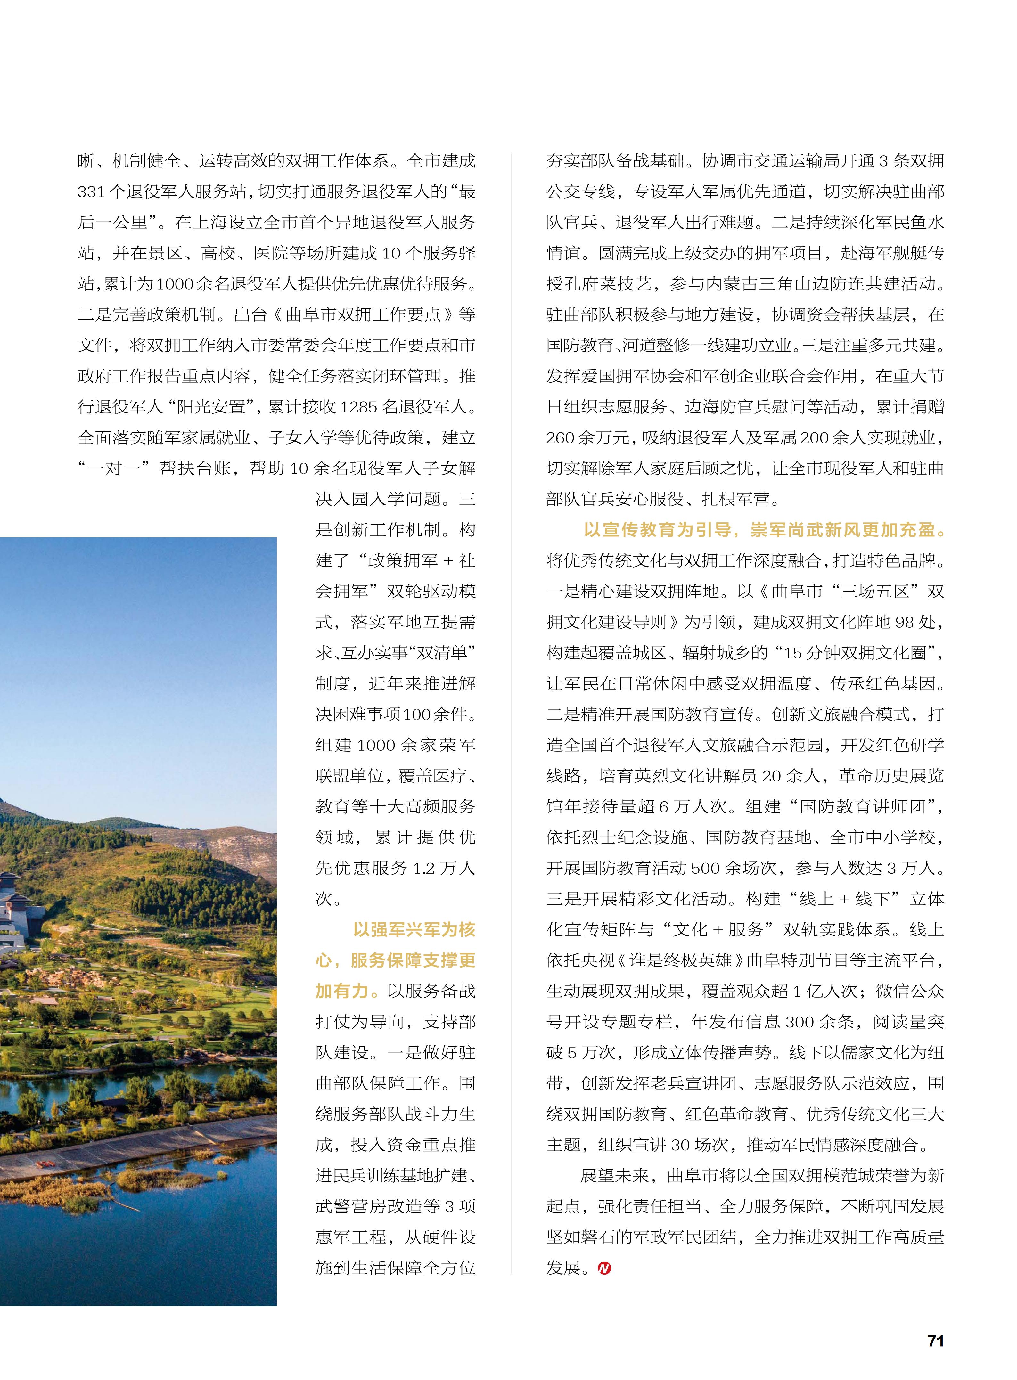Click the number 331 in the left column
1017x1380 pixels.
click(x=91, y=192)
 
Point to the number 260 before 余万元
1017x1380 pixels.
click(x=560, y=438)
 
